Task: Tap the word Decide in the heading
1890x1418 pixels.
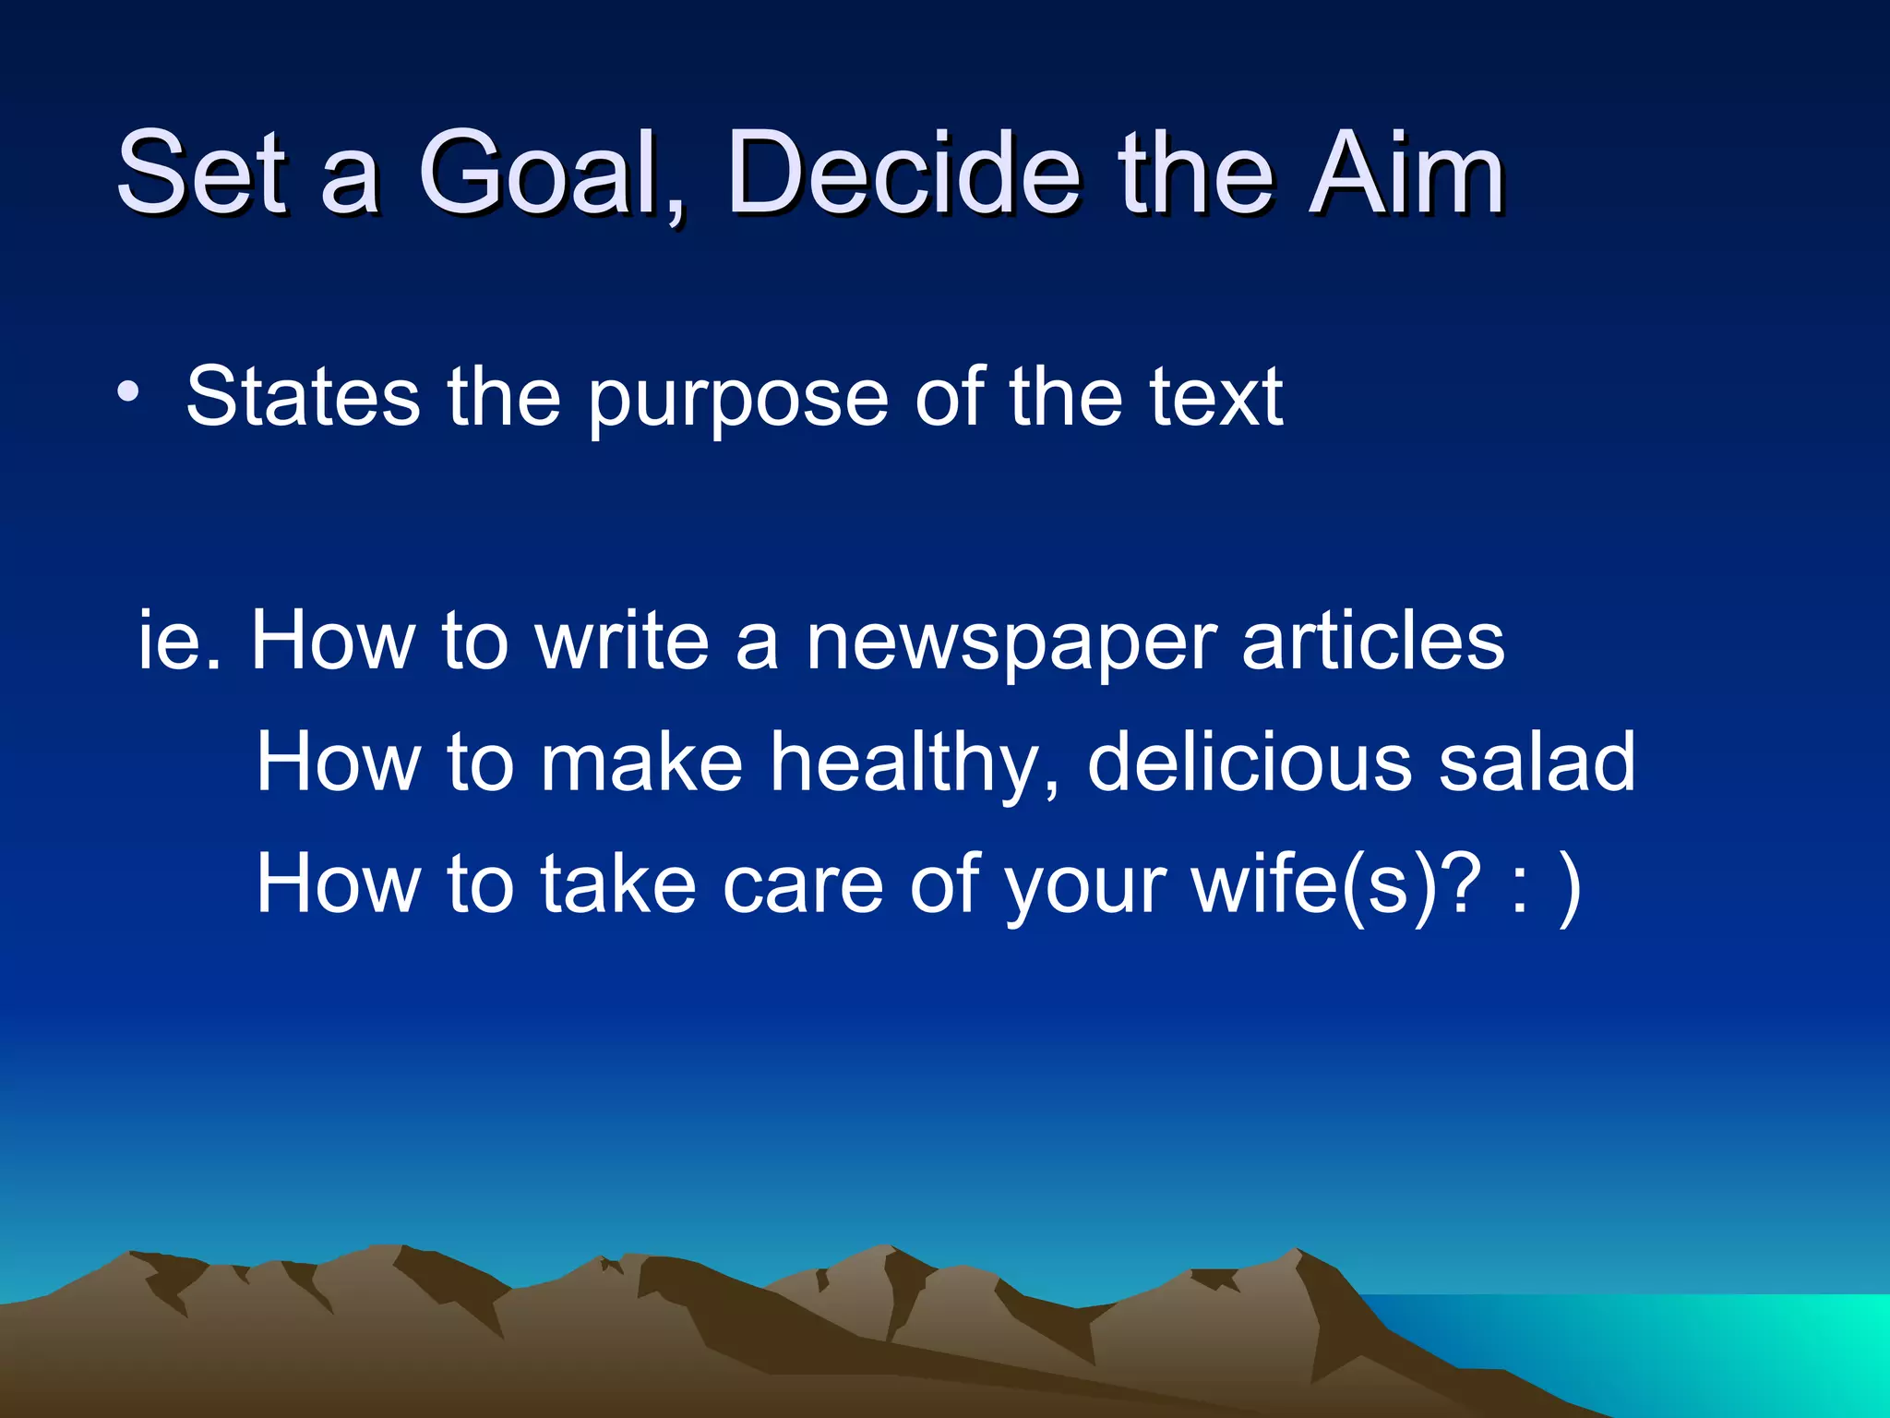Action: coord(903,174)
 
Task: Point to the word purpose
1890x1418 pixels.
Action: coord(737,399)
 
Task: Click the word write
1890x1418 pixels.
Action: coord(622,641)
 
